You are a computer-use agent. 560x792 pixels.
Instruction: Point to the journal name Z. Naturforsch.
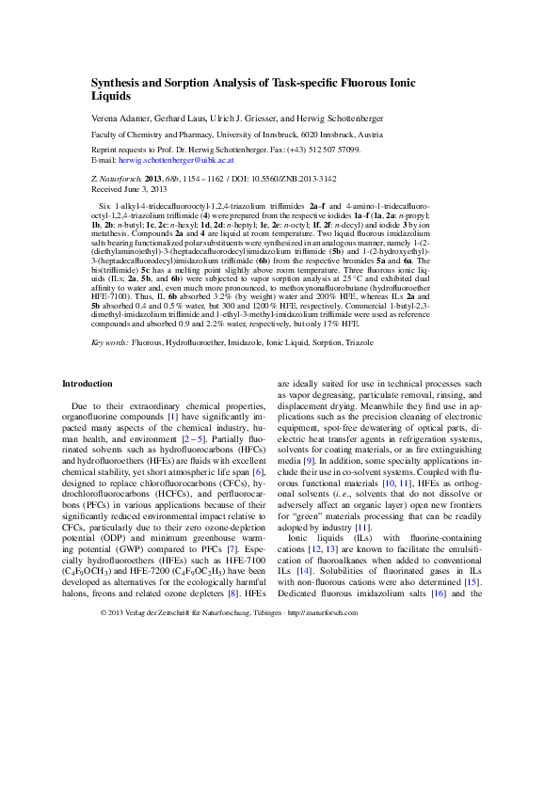click(119, 178)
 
